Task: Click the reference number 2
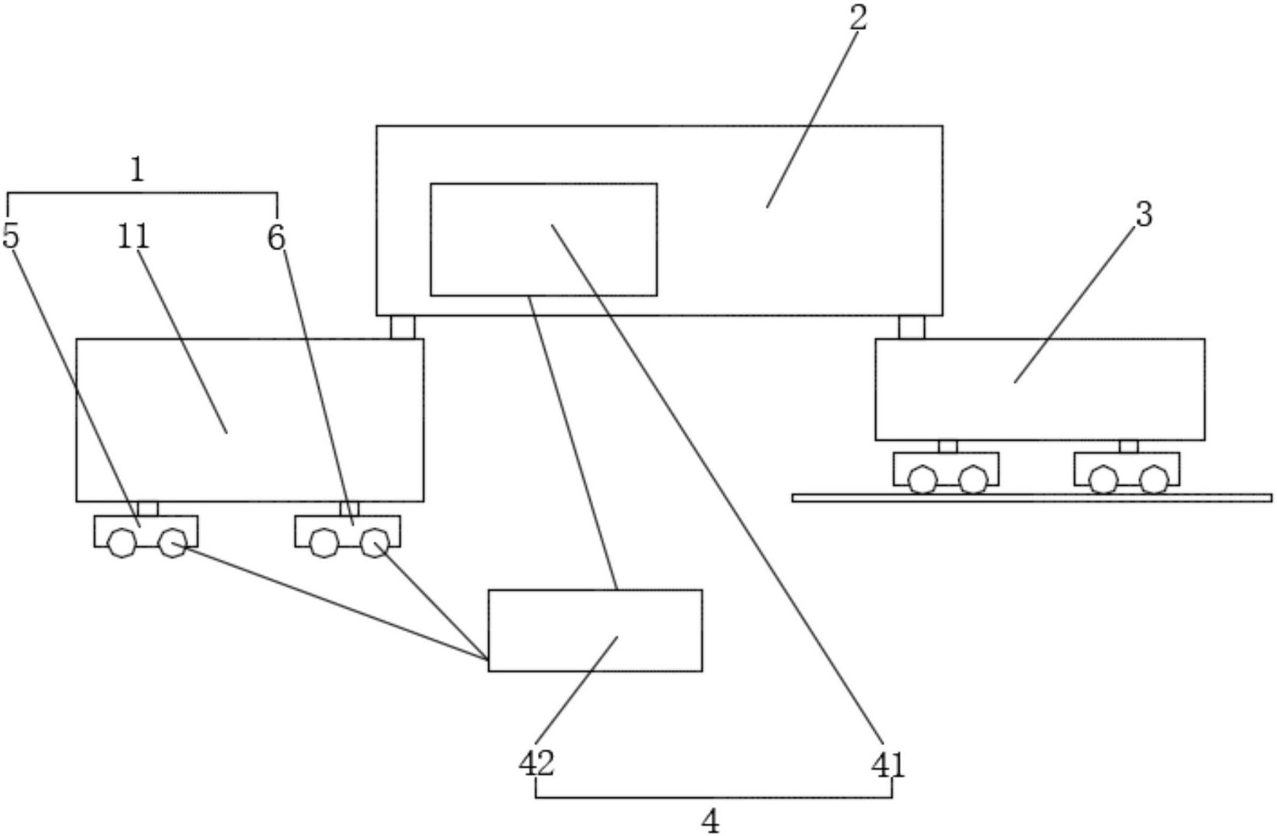click(x=859, y=18)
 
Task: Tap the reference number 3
click(x=1144, y=215)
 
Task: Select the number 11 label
click(x=133, y=237)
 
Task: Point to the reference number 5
click(x=10, y=236)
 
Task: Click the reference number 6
click(x=276, y=237)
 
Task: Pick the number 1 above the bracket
click(x=137, y=170)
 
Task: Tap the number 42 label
click(x=536, y=763)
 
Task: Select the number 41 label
click(x=888, y=765)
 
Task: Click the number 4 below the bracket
click(x=710, y=821)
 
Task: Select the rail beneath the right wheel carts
click(x=1031, y=498)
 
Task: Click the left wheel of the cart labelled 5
click(x=122, y=543)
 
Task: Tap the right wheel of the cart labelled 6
click(x=374, y=543)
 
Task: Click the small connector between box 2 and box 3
click(x=911, y=327)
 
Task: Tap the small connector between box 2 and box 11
click(x=402, y=327)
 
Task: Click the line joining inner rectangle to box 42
click(x=573, y=443)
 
